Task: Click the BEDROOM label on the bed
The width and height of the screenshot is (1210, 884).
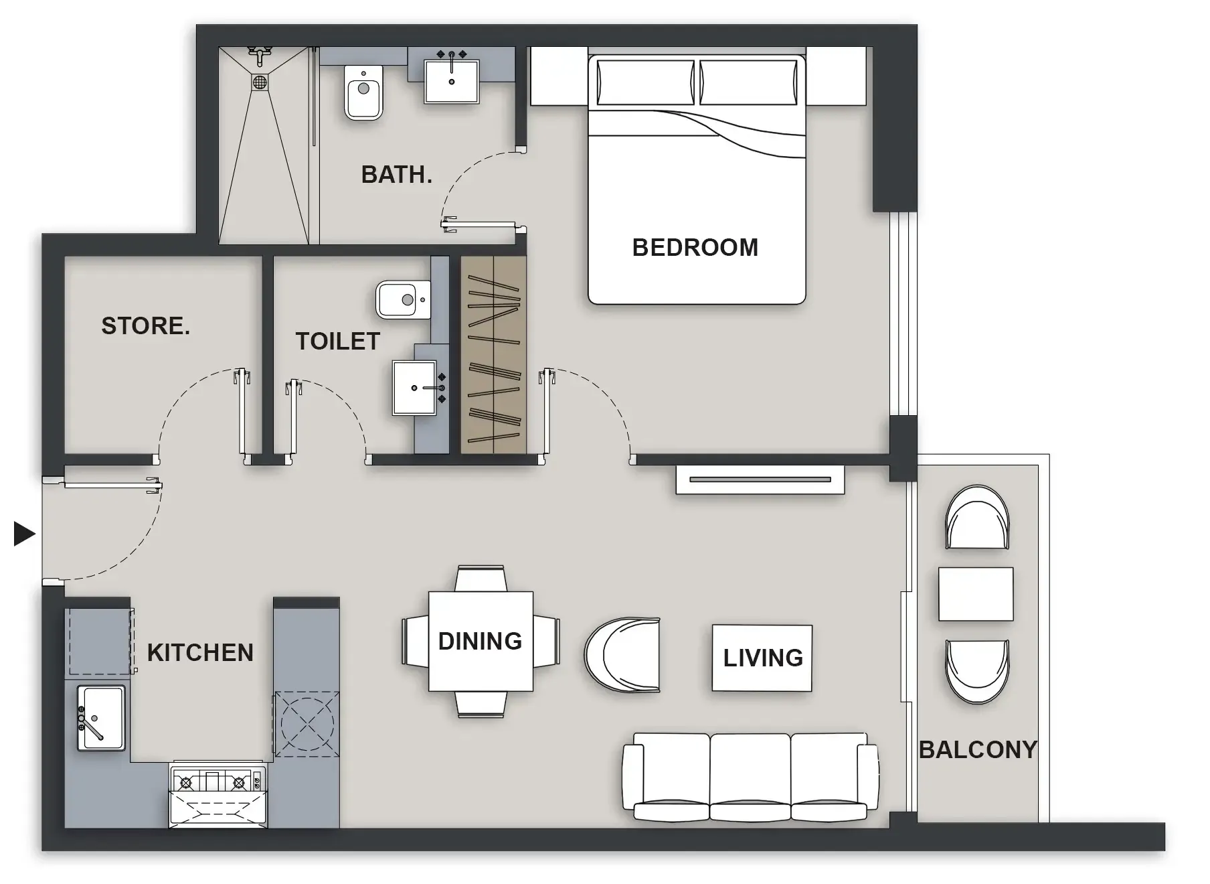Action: click(695, 248)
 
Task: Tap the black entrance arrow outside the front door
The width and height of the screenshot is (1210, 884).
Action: click(24, 534)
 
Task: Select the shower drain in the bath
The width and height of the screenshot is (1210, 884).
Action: click(260, 82)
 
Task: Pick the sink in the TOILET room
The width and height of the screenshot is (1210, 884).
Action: click(414, 388)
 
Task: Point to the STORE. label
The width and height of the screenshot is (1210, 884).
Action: click(145, 326)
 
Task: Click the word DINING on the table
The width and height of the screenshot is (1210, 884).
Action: click(480, 642)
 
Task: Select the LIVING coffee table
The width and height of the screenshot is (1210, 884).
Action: click(762, 658)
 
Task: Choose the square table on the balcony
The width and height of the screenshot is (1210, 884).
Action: click(975, 594)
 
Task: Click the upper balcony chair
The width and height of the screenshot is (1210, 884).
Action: click(977, 517)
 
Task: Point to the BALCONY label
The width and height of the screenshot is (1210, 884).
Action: click(977, 749)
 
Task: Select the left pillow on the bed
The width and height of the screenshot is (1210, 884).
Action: click(645, 82)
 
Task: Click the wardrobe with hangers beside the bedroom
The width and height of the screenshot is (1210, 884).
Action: click(493, 355)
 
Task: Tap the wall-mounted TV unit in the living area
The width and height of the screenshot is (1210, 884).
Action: click(760, 480)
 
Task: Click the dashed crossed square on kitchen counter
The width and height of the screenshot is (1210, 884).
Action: click(307, 724)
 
